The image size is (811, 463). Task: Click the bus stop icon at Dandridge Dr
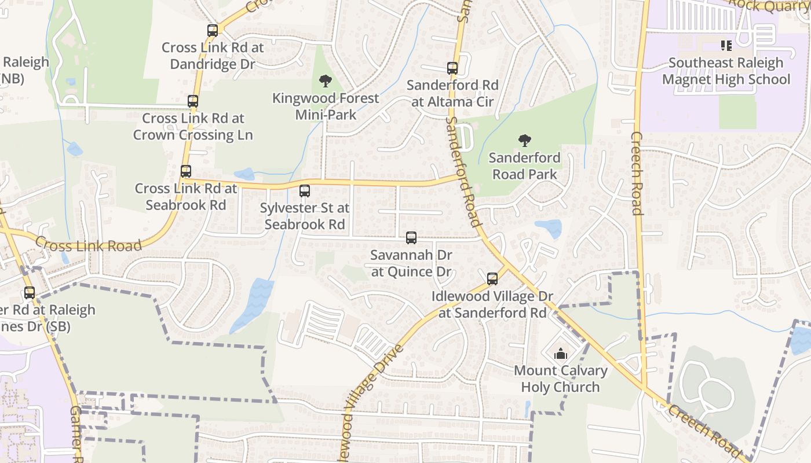(x=213, y=31)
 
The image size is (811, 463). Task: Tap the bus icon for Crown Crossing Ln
(x=193, y=101)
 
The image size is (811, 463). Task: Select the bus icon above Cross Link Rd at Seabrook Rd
(x=185, y=171)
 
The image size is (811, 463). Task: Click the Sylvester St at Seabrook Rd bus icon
(x=305, y=190)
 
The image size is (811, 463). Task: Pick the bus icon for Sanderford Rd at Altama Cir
(x=452, y=68)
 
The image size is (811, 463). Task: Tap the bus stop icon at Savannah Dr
(x=411, y=237)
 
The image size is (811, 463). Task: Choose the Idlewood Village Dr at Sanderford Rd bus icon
(x=492, y=279)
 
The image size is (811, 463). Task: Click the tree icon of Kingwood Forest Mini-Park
(x=326, y=81)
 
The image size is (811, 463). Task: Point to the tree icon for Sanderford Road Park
(x=525, y=141)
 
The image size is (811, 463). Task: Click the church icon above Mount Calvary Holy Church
(x=560, y=354)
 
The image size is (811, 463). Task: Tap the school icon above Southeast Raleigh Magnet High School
(x=726, y=45)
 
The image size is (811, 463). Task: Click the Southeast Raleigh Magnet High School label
(x=726, y=71)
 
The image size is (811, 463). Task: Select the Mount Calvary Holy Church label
(x=560, y=379)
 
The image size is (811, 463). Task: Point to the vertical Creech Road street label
(x=637, y=174)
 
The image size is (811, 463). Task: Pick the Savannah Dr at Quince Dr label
(x=411, y=263)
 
